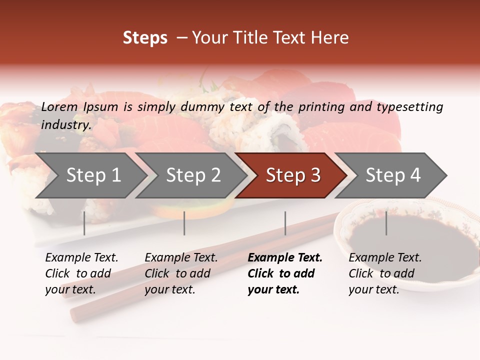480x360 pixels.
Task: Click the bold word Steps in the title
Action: tap(145, 38)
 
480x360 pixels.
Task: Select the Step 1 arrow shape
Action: tap(90, 175)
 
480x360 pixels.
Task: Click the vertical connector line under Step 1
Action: tap(84, 223)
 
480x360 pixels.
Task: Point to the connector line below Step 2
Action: tap(184, 223)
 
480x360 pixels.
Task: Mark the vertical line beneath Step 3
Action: tap(285, 223)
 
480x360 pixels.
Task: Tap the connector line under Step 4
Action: tap(386, 223)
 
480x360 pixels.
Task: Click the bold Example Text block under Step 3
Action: tap(285, 273)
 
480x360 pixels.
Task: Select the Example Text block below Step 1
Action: tap(81, 273)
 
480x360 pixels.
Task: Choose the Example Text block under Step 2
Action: tap(181, 273)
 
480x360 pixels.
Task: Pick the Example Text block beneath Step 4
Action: tap(385, 273)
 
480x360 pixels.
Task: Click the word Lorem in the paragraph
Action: tap(59, 107)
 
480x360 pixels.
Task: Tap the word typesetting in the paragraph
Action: tap(409, 107)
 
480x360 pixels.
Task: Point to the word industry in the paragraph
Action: tap(66, 125)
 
